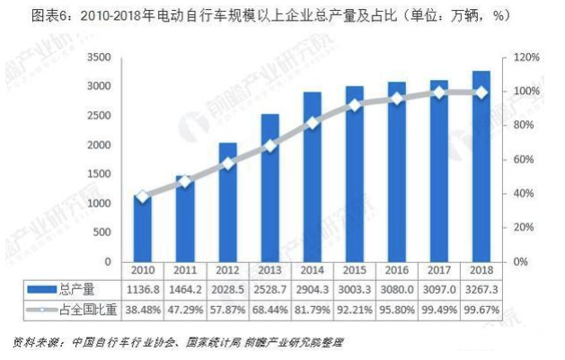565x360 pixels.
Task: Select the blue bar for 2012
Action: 228,202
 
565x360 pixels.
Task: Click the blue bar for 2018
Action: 481,166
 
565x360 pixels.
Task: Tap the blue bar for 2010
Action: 142,228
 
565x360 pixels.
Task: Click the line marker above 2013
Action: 270,145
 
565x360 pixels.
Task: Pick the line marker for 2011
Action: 185,181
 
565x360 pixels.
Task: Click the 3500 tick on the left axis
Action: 98,57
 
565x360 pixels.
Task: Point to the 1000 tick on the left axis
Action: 98,204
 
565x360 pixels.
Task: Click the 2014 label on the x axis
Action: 312,269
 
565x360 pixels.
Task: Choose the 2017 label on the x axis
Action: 438,269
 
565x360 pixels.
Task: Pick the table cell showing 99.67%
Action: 481,307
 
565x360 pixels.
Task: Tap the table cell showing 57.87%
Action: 227,307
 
